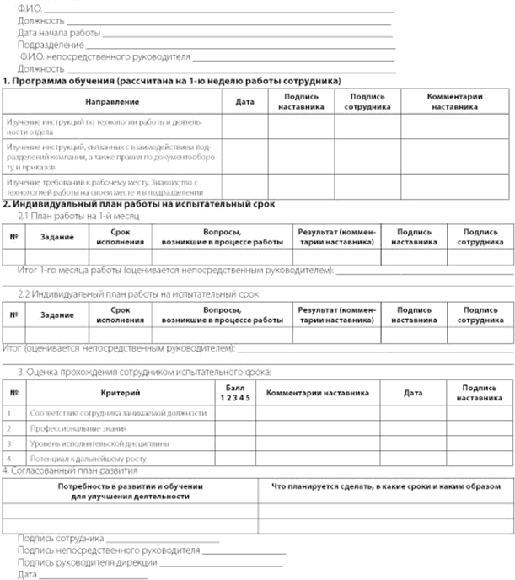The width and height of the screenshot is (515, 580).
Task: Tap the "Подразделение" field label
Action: [51, 45]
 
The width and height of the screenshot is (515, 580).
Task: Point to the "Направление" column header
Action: [112, 101]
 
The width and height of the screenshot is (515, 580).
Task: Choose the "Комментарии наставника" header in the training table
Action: [454, 102]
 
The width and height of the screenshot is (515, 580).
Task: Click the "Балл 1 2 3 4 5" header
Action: [232, 392]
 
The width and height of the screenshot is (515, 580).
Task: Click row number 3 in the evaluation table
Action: [10, 443]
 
